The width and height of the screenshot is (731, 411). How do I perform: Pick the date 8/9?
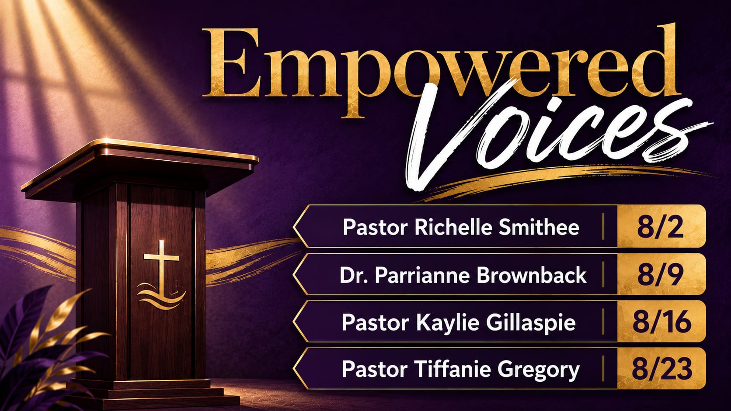660,275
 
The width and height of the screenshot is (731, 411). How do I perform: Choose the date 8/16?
662,322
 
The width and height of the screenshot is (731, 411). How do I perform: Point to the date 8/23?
662,369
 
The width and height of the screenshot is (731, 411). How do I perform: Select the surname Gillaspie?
530,323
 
